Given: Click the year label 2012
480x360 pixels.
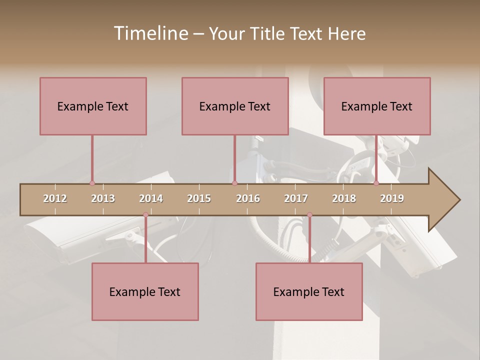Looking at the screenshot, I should coord(55,198).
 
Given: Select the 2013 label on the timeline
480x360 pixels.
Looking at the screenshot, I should coord(103,198).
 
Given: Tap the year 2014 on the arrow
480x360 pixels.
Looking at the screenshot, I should coord(151,198).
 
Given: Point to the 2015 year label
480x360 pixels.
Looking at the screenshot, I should coord(199,198).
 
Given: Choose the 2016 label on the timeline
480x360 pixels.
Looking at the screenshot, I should coord(248,198).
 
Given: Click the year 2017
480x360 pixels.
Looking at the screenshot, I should coord(296,198).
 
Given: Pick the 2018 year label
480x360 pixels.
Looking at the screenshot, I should coord(344,198).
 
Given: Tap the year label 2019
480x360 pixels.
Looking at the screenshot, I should coord(392,198).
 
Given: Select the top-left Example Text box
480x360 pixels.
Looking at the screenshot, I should coord(93,106).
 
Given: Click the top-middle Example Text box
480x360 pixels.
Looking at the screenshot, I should coord(235,106).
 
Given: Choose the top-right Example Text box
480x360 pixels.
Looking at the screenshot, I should coord(377,106).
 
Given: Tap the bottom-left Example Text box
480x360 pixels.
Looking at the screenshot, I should coord(145,291).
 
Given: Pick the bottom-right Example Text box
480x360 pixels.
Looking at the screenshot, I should coord(309,291).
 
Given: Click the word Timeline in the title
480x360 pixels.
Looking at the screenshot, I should coord(149,33).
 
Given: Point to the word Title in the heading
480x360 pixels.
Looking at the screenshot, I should coord(269,33).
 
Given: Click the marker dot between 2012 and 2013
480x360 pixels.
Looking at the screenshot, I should coord(92,183).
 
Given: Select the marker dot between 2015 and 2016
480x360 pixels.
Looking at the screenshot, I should coord(234,183).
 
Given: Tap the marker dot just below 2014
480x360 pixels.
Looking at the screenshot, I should coord(145,215).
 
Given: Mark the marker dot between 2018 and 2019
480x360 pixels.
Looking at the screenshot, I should coord(376,183).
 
